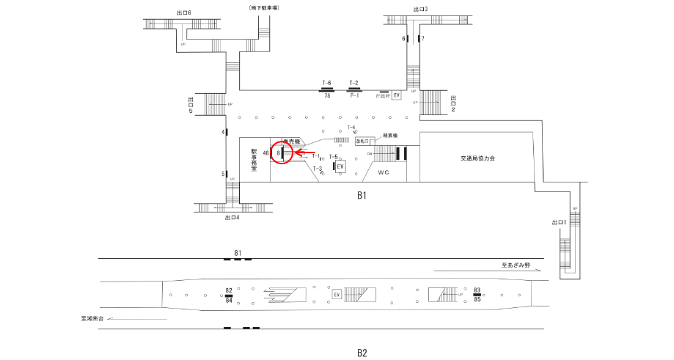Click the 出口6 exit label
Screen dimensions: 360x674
(184, 12)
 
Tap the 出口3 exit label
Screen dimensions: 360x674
(420, 9)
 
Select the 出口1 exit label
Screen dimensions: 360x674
(559, 222)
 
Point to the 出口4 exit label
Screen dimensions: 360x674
(232, 217)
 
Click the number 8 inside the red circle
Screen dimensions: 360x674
(279, 153)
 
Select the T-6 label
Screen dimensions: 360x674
(327, 83)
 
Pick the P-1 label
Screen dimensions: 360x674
(354, 95)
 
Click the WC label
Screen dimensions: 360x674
(383, 172)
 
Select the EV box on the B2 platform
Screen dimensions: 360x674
(337, 295)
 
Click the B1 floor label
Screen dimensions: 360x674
(362, 196)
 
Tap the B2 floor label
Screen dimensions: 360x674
(362, 353)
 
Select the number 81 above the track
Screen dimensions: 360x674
(238, 253)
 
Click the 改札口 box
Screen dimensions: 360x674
(365, 141)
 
